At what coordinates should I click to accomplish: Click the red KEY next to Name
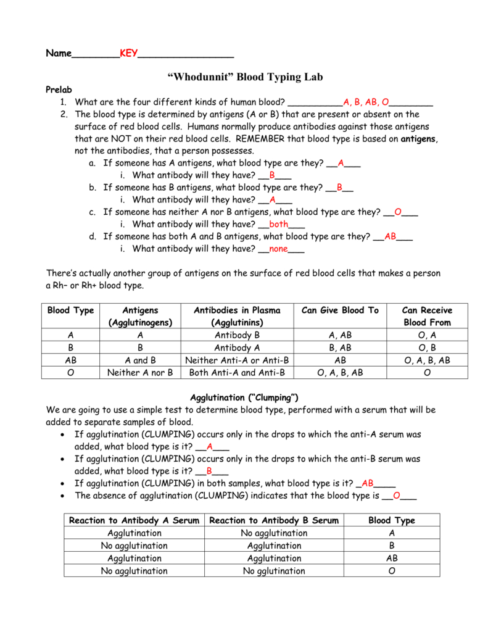129,54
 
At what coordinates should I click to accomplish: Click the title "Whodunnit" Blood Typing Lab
245,77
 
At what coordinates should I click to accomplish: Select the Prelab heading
59,90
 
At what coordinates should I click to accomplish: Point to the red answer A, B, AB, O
366,102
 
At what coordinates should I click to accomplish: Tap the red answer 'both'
279,225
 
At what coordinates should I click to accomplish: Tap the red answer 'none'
279,249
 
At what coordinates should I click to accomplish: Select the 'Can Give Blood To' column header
339,310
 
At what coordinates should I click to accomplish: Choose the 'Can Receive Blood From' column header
427,316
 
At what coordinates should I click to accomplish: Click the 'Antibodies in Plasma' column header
237,316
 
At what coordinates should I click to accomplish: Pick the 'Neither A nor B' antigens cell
140,373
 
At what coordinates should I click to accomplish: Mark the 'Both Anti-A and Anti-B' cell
237,373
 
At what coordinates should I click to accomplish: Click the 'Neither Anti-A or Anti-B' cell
237,360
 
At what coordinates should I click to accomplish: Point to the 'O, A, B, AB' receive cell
427,360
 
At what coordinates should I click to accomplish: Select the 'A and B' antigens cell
140,360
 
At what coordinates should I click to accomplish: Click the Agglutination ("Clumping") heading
244,397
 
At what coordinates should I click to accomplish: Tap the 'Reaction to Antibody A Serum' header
134,520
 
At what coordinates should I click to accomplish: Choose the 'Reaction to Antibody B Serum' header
274,520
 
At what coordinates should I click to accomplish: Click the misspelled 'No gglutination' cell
274,571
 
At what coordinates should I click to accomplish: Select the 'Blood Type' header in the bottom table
392,520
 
